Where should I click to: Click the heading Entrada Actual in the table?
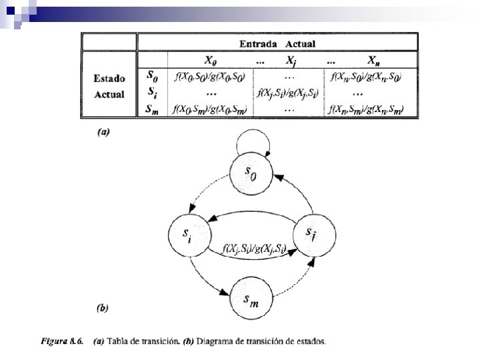pyautogui.click(x=277, y=44)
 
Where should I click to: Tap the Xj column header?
pyautogui.click(x=291, y=61)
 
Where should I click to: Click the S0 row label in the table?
pyautogui.click(x=152, y=77)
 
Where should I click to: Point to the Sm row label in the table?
pyautogui.click(x=152, y=109)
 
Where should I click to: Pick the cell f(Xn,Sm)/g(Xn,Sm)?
pyautogui.click(x=367, y=109)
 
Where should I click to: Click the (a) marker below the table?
pyautogui.click(x=103, y=132)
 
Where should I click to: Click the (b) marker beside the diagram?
pyautogui.click(x=103, y=309)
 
